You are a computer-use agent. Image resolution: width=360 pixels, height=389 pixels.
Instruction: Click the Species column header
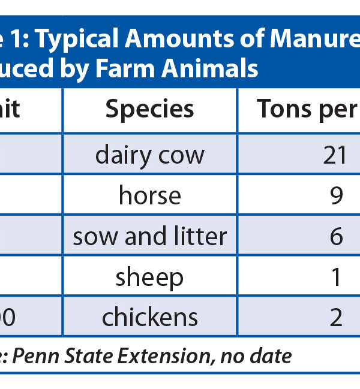point(150,109)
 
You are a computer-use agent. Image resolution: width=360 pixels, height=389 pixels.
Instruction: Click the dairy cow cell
point(150,155)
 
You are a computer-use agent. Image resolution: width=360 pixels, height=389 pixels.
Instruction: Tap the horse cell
point(150,195)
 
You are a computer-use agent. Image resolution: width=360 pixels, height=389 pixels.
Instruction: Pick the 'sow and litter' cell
point(150,237)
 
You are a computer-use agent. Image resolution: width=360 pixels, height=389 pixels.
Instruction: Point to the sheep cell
point(150,277)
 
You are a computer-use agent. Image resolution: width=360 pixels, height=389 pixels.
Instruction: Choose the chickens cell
point(150,317)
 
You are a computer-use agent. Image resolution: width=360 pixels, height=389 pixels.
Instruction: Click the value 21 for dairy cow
point(335,155)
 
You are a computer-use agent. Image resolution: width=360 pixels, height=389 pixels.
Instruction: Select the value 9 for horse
point(336,195)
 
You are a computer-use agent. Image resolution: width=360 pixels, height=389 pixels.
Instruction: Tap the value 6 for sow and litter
point(336,237)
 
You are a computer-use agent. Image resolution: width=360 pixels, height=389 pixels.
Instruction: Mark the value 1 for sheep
point(336,277)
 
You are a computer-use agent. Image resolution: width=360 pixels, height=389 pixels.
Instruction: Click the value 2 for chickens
point(336,317)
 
